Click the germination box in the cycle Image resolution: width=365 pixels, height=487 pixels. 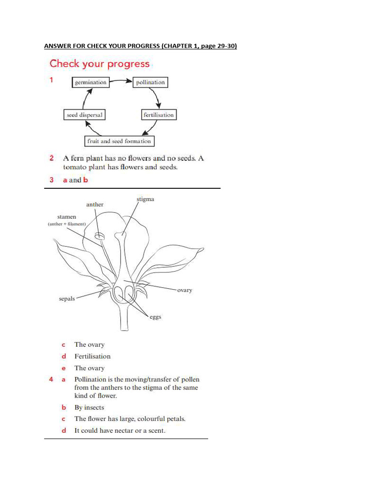90,82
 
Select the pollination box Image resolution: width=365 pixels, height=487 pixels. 150,82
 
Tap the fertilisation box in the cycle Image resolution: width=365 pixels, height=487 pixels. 158,115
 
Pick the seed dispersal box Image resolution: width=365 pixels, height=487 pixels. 84,115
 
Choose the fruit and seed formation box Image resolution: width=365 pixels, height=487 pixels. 119,141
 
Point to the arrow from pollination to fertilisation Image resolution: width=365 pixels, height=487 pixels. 158,98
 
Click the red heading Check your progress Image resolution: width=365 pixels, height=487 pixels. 99,64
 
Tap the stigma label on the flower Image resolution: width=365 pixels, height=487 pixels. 145,199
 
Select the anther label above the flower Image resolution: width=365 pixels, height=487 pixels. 95,205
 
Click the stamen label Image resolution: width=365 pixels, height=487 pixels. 67,217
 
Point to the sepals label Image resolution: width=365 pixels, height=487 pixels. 67,299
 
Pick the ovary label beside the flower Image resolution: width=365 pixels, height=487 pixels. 184,290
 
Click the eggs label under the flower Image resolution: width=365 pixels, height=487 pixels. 155,317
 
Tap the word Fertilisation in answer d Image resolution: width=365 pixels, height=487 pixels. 92,356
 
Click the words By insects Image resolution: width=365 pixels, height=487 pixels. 89,408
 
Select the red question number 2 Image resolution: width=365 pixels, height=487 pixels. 51,158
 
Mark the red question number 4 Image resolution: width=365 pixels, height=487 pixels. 51,380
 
